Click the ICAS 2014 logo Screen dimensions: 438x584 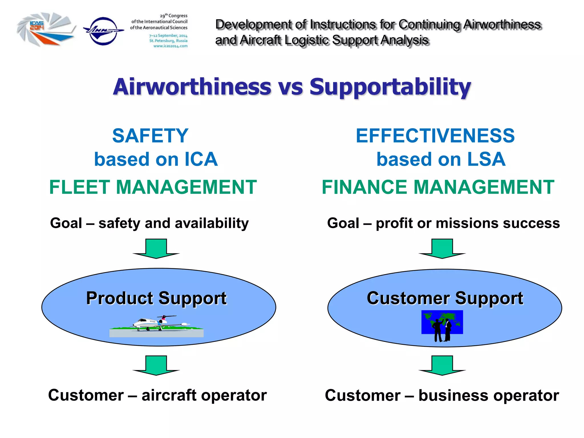point(46,29)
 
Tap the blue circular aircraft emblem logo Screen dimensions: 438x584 point(103,31)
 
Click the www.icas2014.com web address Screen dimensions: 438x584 point(170,46)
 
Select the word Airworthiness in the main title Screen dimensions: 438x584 point(192,87)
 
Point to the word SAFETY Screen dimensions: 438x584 point(150,136)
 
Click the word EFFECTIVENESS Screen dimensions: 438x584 point(435,136)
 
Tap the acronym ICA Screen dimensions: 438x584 point(201,159)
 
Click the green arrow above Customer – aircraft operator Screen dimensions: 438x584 point(156,365)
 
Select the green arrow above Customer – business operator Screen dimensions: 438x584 point(442,365)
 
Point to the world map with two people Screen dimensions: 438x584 point(442,325)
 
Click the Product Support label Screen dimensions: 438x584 point(156,298)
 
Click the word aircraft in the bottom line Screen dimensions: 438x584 point(169,396)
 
